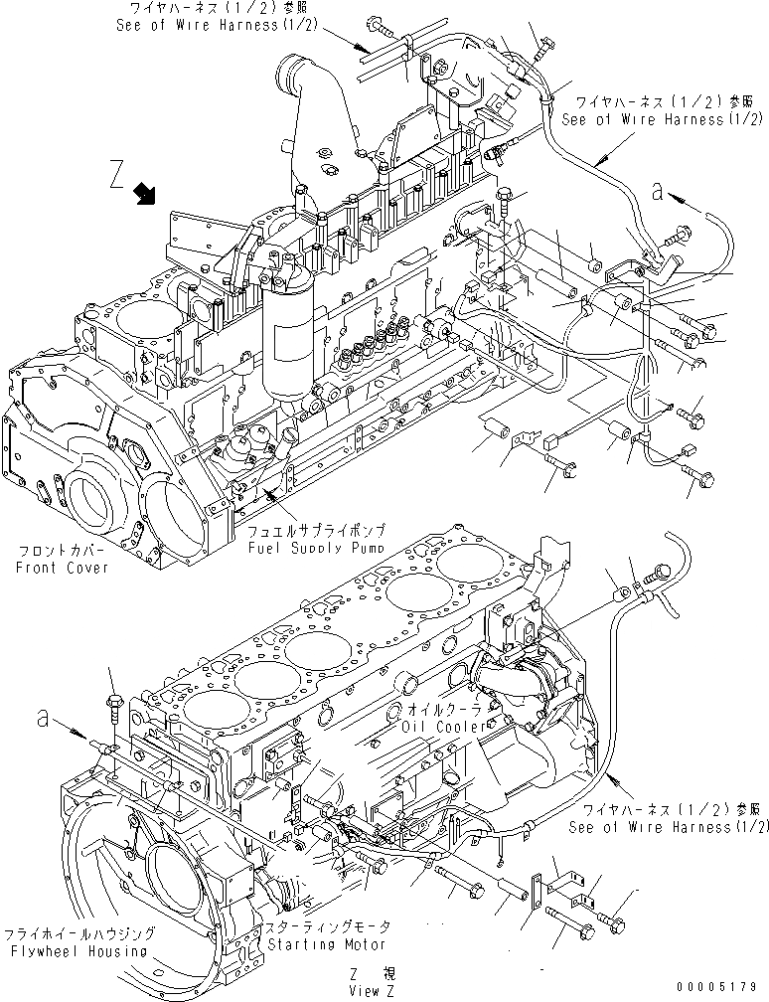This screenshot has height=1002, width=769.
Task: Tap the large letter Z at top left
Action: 117,177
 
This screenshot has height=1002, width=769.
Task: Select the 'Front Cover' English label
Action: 62,568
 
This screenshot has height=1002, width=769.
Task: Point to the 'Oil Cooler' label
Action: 443,727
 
